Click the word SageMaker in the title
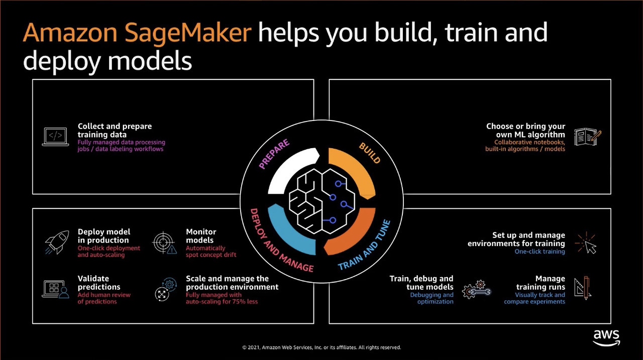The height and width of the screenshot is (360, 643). [x=188, y=34]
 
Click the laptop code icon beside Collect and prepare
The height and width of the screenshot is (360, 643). [x=55, y=137]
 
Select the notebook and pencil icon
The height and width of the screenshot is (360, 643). [x=588, y=137]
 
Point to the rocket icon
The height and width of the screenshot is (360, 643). [x=57, y=243]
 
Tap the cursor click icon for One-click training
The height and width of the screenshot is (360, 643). [x=586, y=243]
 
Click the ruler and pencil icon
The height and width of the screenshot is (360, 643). [x=583, y=288]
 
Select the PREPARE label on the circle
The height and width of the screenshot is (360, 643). [x=274, y=154]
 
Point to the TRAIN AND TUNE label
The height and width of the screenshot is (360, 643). [x=364, y=246]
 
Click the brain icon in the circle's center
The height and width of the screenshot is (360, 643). [x=321, y=201]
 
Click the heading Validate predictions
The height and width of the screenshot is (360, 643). [x=99, y=283]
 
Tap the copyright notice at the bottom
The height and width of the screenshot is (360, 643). [x=321, y=347]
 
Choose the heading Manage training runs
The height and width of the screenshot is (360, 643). [x=541, y=283]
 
